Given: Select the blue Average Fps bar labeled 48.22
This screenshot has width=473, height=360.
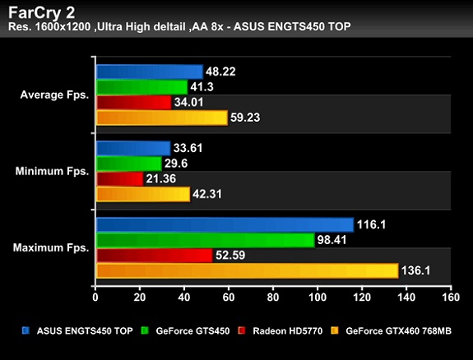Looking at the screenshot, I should [x=149, y=72].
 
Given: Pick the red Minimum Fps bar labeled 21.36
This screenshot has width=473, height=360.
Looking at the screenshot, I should [x=119, y=178].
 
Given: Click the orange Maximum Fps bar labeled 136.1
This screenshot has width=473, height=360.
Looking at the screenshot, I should [x=247, y=270].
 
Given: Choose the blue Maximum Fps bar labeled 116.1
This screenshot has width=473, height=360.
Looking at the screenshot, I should [x=225, y=224].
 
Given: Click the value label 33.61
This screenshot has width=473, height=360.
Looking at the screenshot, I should [x=189, y=148].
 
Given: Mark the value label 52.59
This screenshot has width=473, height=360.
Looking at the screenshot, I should [x=231, y=256].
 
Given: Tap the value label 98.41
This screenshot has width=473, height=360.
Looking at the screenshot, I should [x=333, y=240].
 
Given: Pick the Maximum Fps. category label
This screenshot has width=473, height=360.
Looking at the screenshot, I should [x=51, y=247].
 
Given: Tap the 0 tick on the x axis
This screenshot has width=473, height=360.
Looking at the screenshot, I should [x=96, y=298].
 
